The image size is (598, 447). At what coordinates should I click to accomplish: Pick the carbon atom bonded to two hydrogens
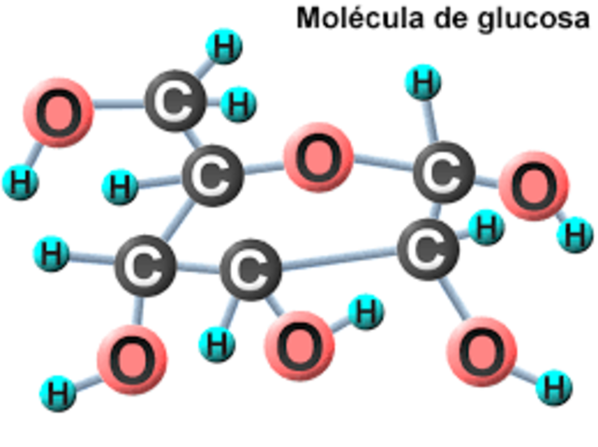[x=174, y=103]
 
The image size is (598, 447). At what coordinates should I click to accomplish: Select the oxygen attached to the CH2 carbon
[x=58, y=111]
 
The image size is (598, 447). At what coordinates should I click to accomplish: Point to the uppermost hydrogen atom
[x=223, y=47]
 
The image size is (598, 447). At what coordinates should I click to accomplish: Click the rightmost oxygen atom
[x=534, y=186]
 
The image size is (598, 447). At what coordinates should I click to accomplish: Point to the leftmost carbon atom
[x=145, y=267]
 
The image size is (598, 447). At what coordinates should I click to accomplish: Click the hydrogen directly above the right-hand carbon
[x=424, y=83]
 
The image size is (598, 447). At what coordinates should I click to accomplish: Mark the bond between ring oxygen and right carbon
[x=383, y=165]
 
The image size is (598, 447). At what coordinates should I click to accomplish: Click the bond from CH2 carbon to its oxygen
[x=116, y=106]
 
